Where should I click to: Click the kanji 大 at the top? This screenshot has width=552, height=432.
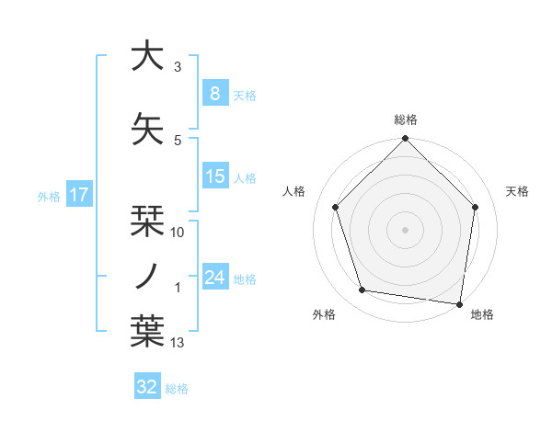pyautogui.click(x=147, y=56)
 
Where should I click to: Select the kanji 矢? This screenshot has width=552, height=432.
pyautogui.click(x=147, y=129)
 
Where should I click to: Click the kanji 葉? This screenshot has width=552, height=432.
pyautogui.click(x=147, y=332)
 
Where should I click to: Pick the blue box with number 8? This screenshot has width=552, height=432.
pyautogui.click(x=214, y=94)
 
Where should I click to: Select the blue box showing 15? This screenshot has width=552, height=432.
pyautogui.click(x=214, y=176)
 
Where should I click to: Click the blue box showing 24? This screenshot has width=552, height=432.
pyautogui.click(x=214, y=278)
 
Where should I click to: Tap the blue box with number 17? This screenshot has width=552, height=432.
pyautogui.click(x=78, y=195)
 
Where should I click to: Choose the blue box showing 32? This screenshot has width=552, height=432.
pyautogui.click(x=147, y=387)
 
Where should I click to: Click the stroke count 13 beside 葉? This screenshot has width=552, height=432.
pyautogui.click(x=178, y=343)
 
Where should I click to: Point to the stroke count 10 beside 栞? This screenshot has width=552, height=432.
pyautogui.click(x=178, y=233)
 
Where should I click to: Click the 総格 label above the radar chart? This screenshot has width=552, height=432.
pyautogui.click(x=405, y=119)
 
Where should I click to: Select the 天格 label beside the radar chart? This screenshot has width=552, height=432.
pyautogui.click(x=517, y=191)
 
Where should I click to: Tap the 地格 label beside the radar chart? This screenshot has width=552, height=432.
pyautogui.click(x=482, y=314)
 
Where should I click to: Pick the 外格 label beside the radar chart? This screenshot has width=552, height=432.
pyautogui.click(x=324, y=314)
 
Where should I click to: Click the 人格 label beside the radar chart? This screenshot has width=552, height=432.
pyautogui.click(x=293, y=191)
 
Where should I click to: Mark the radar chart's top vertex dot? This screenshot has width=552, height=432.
pyautogui.click(x=405, y=140)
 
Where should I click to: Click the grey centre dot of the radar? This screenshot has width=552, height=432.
pyautogui.click(x=405, y=229)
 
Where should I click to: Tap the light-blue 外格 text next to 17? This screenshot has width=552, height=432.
pyautogui.click(x=48, y=196)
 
